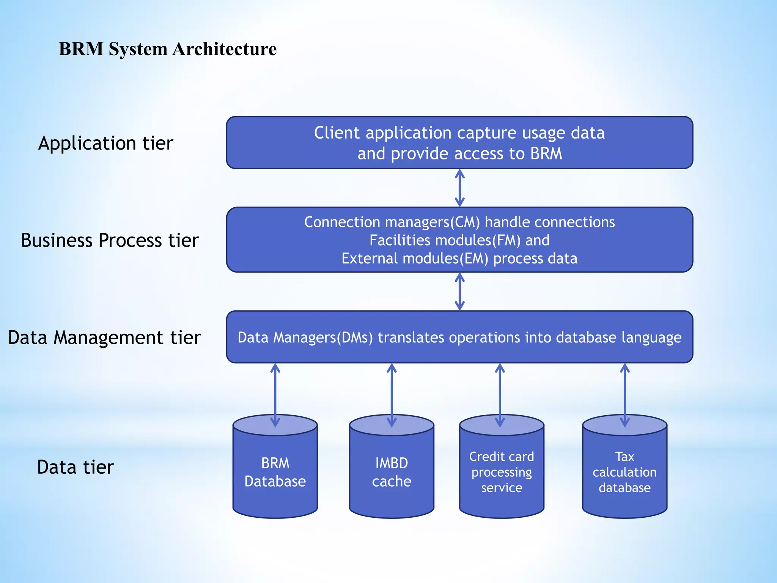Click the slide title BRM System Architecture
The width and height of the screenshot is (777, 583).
pyautogui.click(x=167, y=49)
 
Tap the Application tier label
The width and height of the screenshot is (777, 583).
pyautogui.click(x=105, y=143)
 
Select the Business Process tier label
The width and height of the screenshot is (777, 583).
pyautogui.click(x=110, y=240)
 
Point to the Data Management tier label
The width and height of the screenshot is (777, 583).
pyautogui.click(x=104, y=337)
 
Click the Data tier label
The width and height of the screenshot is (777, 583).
pyautogui.click(x=75, y=467)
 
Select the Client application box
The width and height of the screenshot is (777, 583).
pyautogui.click(x=459, y=143)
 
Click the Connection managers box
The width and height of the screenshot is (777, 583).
pyautogui.click(x=459, y=240)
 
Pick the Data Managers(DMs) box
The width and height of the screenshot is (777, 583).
pyautogui.click(x=459, y=337)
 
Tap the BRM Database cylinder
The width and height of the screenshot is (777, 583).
pyautogui.click(x=275, y=473)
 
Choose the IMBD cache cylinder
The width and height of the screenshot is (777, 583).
pyautogui.click(x=392, y=473)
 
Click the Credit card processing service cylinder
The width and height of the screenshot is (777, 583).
pyautogui.click(x=502, y=473)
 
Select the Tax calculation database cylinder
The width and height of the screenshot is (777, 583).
pyautogui.click(x=624, y=473)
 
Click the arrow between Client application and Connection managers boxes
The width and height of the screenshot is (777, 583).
pyautogui.click(x=460, y=188)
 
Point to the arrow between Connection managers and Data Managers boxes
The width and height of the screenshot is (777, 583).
pyautogui.click(x=460, y=291)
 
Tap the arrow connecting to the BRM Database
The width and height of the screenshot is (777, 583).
pyautogui.click(x=275, y=395)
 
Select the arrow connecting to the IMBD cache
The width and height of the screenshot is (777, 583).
pyautogui.click(x=392, y=395)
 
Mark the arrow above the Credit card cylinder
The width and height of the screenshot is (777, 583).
pyautogui.click(x=500, y=395)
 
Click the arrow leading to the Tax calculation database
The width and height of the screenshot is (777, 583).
pyautogui.click(x=625, y=395)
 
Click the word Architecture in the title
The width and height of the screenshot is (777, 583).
pyautogui.click(x=225, y=49)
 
